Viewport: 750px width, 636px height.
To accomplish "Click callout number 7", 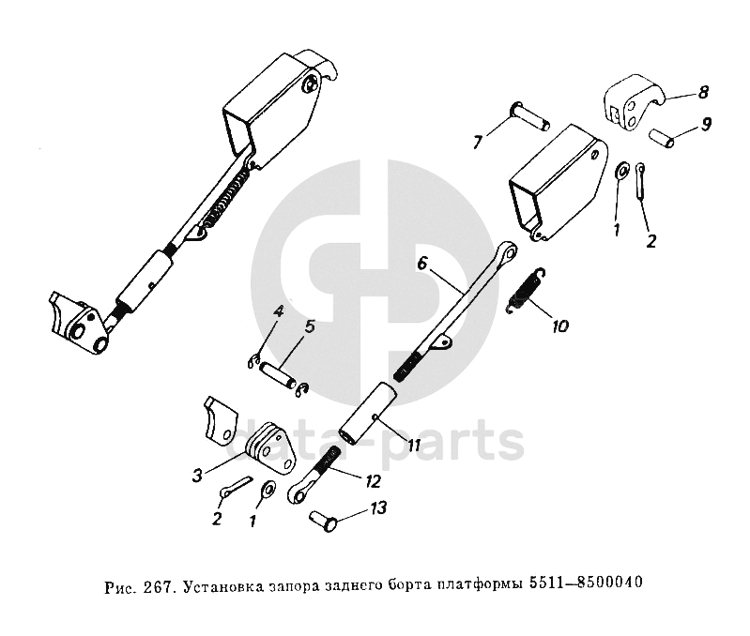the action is click(478, 143).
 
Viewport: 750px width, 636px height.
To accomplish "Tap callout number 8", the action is click(703, 92).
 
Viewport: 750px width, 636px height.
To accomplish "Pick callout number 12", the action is click(373, 481).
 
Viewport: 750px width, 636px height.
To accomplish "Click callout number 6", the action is click(422, 265).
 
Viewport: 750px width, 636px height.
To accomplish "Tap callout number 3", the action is click(197, 476).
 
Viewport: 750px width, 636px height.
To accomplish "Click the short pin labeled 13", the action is click(324, 517).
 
